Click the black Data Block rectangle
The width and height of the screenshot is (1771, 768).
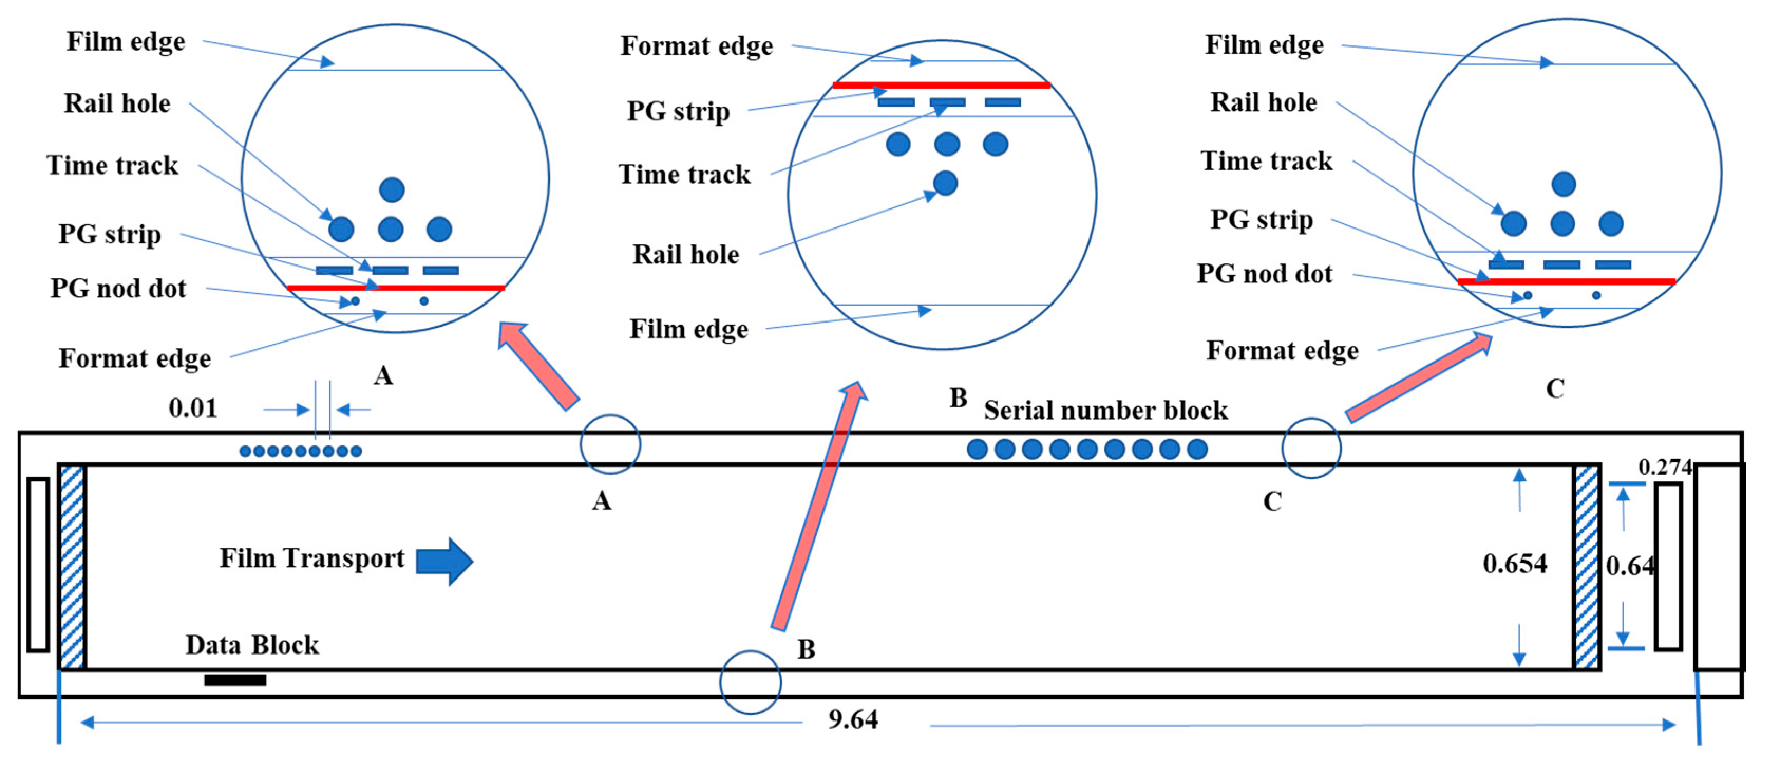click(235, 680)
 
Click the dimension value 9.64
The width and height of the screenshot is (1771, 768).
click(853, 720)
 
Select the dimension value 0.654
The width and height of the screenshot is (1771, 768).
click(1514, 564)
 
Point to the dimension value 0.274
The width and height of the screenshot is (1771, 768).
click(1664, 468)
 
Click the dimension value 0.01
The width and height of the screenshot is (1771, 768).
click(193, 409)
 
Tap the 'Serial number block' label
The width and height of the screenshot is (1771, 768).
click(1105, 411)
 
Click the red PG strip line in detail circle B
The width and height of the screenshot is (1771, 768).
click(941, 86)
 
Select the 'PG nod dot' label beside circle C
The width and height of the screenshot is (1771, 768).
click(1264, 273)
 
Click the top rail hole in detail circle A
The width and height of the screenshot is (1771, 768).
click(392, 190)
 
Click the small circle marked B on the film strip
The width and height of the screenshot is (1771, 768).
click(750, 682)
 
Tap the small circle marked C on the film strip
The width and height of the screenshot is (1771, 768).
click(1310, 448)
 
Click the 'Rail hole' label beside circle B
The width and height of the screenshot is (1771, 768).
click(685, 254)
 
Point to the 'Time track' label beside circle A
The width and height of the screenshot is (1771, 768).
click(112, 166)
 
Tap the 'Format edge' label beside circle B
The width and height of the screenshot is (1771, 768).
click(696, 46)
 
